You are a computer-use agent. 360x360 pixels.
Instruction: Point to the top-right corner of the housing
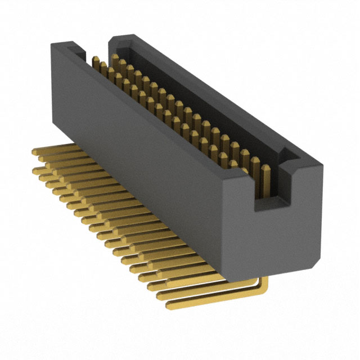point(323,166)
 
